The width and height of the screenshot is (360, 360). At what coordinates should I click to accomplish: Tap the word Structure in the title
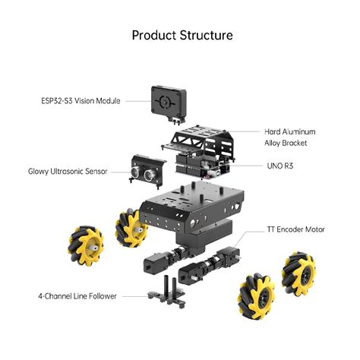coord(206,35)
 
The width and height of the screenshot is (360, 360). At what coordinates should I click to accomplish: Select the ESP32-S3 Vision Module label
coord(80,100)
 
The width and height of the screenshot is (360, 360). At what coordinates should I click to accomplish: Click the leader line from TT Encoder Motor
coord(250,233)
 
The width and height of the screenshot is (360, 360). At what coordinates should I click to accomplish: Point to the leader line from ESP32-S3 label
coord(136,100)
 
